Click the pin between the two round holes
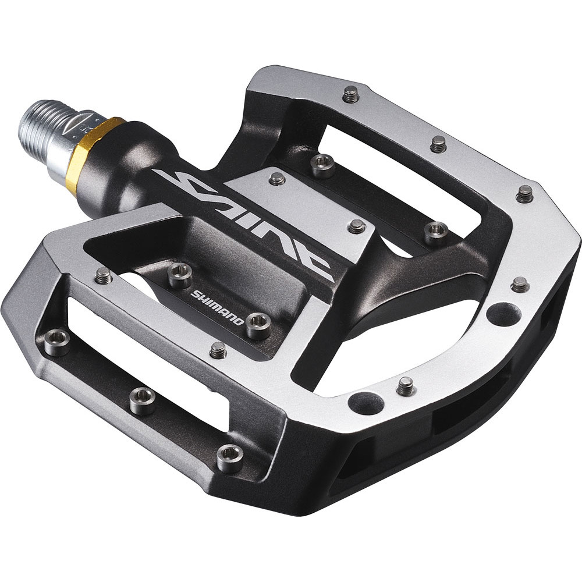click(406, 386)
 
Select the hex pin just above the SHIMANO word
click(180, 275)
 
